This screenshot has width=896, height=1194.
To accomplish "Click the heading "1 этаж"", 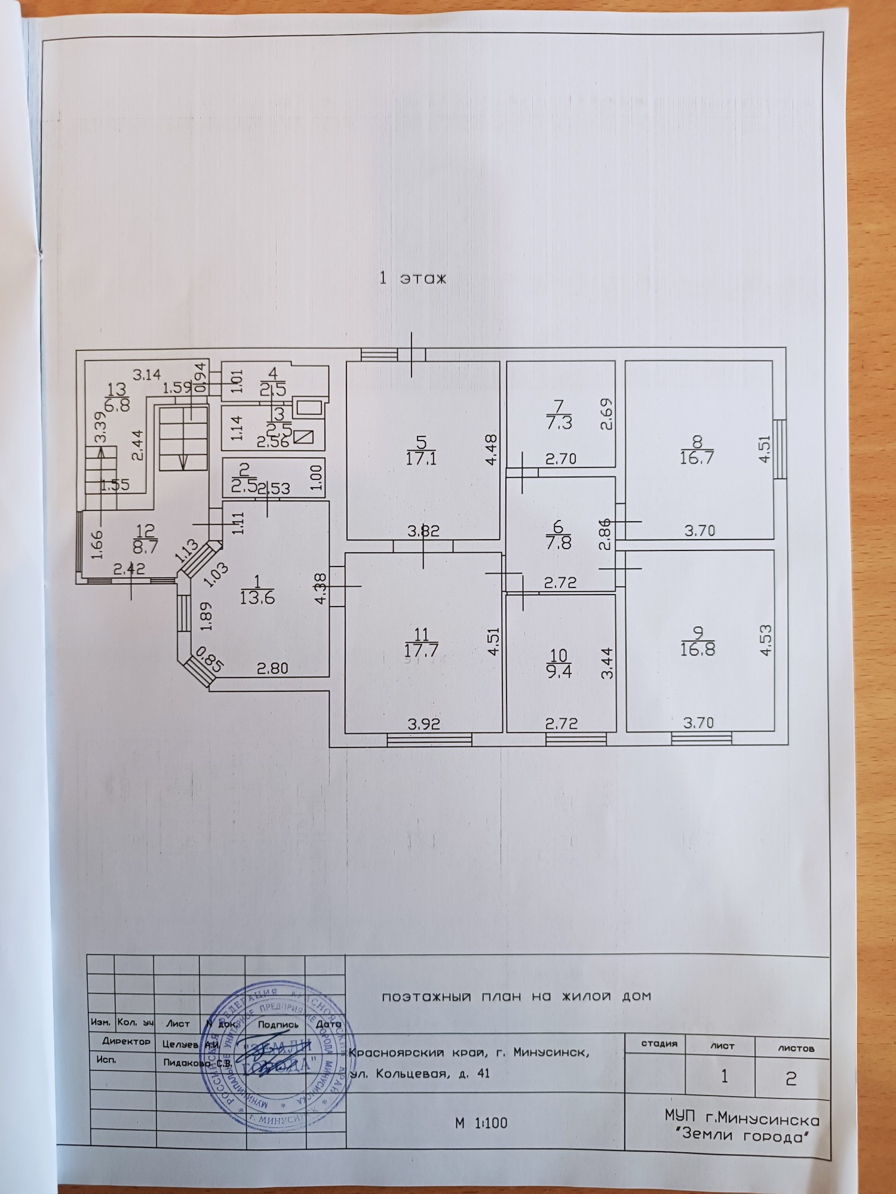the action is click(x=413, y=278).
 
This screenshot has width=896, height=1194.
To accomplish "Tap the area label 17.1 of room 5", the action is click(x=421, y=458).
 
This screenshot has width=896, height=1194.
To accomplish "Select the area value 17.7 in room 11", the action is click(x=421, y=650).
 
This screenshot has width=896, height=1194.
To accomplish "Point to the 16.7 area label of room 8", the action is click(x=696, y=458).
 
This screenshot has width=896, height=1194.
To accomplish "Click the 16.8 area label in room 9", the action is click(x=697, y=649).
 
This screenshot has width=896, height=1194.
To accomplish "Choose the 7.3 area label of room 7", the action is click(x=559, y=423).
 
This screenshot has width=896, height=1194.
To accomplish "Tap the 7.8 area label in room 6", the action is click(x=559, y=543).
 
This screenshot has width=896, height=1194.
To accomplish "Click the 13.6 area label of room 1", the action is click(x=257, y=597).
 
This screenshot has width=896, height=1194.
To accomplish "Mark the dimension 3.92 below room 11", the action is click(x=424, y=724).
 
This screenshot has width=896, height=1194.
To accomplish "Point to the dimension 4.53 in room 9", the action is click(x=765, y=641).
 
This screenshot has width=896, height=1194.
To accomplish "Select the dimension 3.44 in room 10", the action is click(x=607, y=663).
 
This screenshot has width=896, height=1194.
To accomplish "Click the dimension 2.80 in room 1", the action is click(x=272, y=668).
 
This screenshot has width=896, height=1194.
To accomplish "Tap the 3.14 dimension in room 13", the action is click(x=146, y=375).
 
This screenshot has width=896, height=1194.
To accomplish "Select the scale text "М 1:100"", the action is click(x=481, y=1123).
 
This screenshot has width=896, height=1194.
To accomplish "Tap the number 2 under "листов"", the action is click(x=791, y=1078).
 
